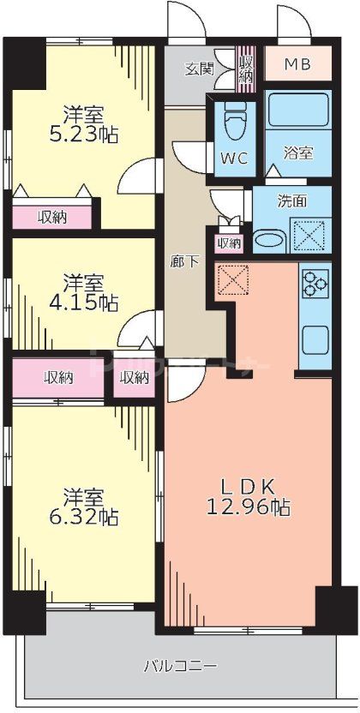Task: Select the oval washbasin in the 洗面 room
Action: (x=270, y=240)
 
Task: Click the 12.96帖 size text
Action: (x=248, y=507)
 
